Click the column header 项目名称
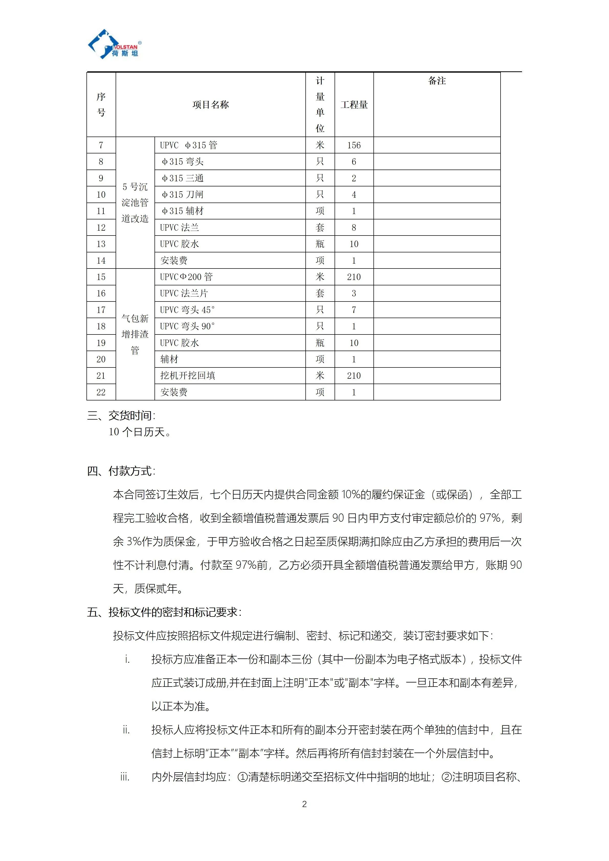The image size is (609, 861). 211,105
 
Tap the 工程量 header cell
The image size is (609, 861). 354,105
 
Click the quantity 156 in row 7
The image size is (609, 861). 354,145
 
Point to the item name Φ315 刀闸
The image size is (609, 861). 183,195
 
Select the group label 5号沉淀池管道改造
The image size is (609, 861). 135,203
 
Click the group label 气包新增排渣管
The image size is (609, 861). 135,334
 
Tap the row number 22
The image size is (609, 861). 101,392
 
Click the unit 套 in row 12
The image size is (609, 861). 320,228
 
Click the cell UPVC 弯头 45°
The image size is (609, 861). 187,310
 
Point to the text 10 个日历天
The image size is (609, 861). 139,432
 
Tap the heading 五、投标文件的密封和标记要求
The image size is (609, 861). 164,612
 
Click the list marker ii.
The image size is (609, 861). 126,730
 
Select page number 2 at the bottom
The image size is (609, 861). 304,804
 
